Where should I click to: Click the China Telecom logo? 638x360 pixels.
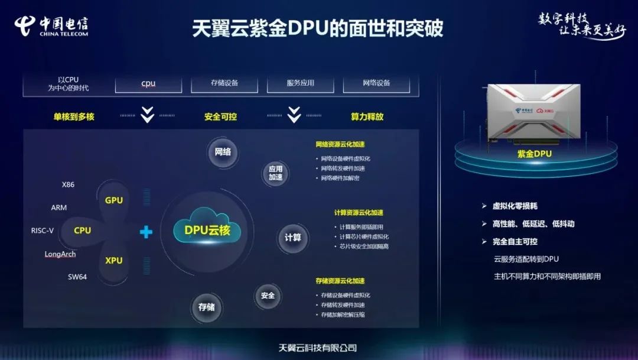[x=51, y=25]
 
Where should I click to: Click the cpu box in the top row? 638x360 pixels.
[x=148, y=83]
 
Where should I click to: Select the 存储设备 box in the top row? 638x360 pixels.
[x=224, y=83]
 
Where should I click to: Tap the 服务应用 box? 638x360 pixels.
[x=301, y=83]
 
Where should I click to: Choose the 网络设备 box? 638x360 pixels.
[x=377, y=83]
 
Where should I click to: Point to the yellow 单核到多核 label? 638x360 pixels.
[x=74, y=117]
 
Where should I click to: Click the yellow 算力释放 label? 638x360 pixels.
[x=367, y=117]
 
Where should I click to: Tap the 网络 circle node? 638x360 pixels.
[x=223, y=152]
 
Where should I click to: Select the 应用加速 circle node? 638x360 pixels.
[x=275, y=173]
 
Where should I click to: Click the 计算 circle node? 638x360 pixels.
[x=292, y=238]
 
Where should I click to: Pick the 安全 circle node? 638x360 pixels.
[x=268, y=295]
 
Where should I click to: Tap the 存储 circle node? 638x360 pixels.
[x=206, y=307]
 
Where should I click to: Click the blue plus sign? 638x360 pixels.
[x=146, y=232]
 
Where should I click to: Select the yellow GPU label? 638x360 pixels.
[x=114, y=200]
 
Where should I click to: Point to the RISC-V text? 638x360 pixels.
[x=43, y=231]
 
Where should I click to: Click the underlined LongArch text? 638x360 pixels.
[x=60, y=254]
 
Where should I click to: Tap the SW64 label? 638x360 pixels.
[x=77, y=277]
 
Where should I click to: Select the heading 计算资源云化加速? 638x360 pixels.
[x=358, y=213]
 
